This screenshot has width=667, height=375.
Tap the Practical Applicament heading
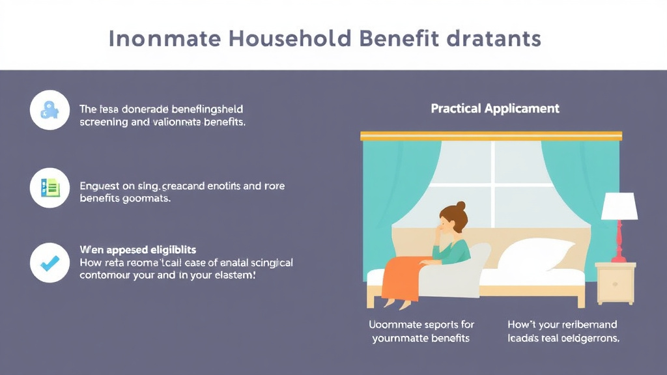coord(495,109)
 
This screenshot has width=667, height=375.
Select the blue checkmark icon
coord(50,263)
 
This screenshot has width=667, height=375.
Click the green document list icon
coord(50,188)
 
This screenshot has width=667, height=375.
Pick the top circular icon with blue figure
coord(50,111)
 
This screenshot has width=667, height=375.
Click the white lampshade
coord(619,206)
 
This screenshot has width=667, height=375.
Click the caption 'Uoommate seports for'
coord(421,324)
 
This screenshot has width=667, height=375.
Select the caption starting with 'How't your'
coord(562,324)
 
